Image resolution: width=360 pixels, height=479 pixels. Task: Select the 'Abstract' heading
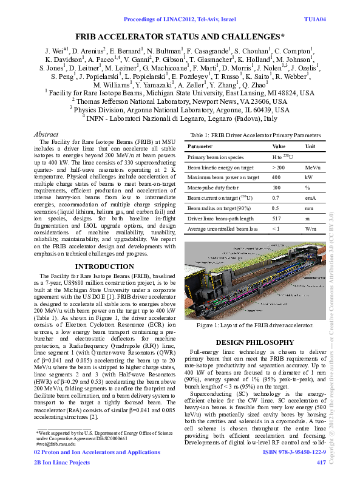(x=46, y=134)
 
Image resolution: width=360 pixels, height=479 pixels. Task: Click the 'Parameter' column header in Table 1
(x=200, y=146)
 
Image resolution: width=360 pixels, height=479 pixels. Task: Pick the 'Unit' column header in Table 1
(x=310, y=146)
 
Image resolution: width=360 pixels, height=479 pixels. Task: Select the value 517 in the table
(x=277, y=218)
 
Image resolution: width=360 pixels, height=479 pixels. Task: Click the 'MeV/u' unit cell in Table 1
(x=313, y=167)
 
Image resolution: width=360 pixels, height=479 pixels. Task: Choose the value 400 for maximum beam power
(x=276, y=177)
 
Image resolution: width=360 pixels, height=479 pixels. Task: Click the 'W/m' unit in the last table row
(x=311, y=228)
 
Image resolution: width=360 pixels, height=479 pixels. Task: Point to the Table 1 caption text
(x=256, y=135)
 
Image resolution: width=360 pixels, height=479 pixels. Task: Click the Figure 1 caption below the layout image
(x=255, y=326)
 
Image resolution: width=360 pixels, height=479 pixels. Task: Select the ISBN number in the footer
(x=294, y=452)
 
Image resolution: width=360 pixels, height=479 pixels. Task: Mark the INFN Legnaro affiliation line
(x=180, y=118)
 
